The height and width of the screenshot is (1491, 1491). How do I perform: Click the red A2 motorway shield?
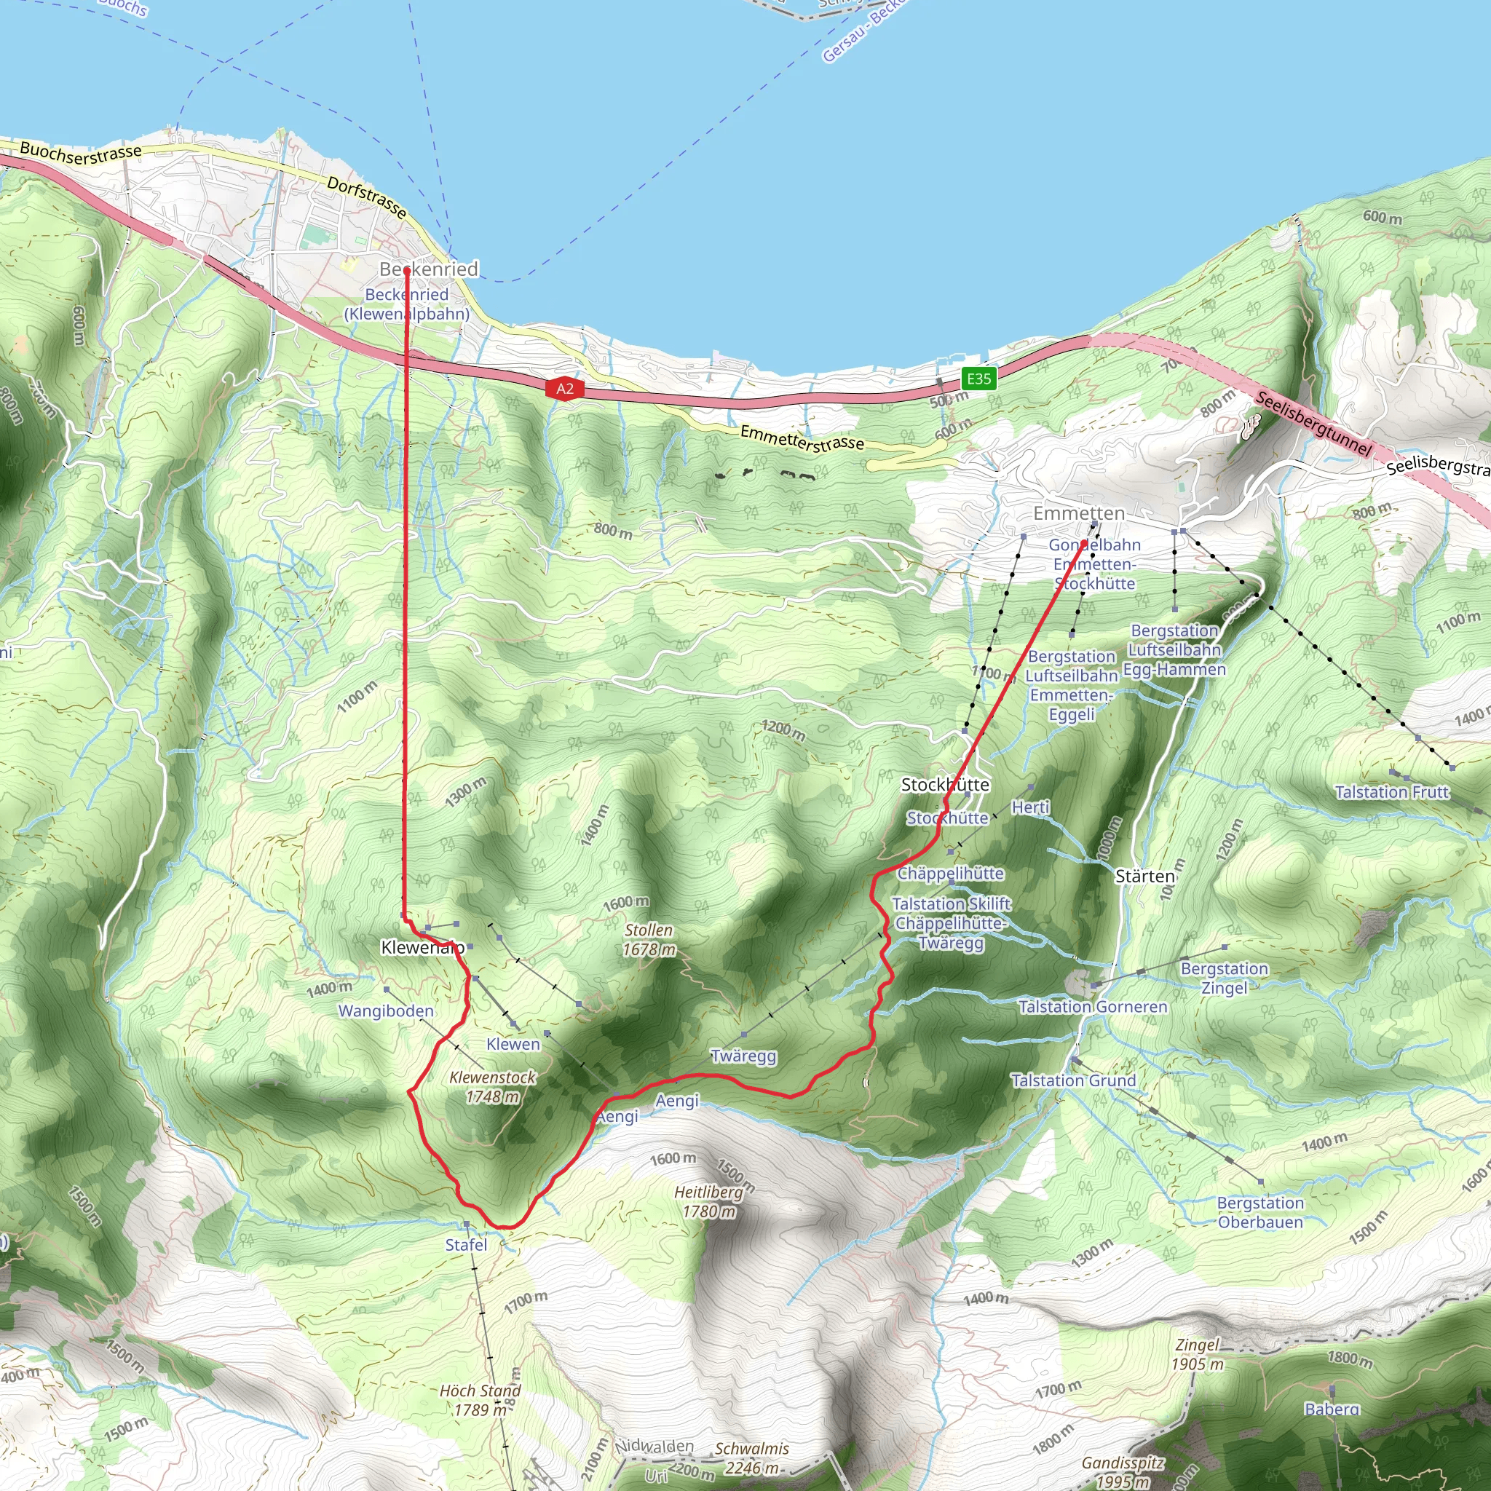[x=565, y=388]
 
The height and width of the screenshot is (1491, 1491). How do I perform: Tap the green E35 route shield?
[x=978, y=378]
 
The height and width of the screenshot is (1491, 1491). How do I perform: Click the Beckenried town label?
[x=429, y=269]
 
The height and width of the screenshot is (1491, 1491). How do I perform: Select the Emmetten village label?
[x=1079, y=513]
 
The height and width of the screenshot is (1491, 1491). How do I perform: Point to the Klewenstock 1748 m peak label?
[x=492, y=1087]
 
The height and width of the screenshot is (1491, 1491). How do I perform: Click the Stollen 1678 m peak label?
[x=649, y=939]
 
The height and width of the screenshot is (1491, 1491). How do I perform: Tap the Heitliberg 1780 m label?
[x=708, y=1201]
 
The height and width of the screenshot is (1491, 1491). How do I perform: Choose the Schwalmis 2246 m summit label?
[x=751, y=1458]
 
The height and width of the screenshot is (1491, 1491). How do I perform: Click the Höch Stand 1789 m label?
[x=480, y=1400]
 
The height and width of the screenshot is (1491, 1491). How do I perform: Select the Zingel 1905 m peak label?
[x=1197, y=1354]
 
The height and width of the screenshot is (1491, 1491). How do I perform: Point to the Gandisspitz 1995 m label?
[x=1122, y=1471]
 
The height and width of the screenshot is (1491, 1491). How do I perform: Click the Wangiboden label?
[x=386, y=1011]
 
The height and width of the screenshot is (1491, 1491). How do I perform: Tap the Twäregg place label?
[x=743, y=1056]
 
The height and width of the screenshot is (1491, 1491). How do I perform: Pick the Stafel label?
[x=466, y=1245]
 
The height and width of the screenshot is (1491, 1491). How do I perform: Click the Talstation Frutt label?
[x=1392, y=792]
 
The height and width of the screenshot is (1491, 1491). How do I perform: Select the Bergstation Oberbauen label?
[x=1260, y=1212]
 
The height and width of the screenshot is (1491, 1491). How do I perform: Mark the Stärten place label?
[x=1145, y=876]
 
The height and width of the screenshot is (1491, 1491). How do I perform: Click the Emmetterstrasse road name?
[x=802, y=438]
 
